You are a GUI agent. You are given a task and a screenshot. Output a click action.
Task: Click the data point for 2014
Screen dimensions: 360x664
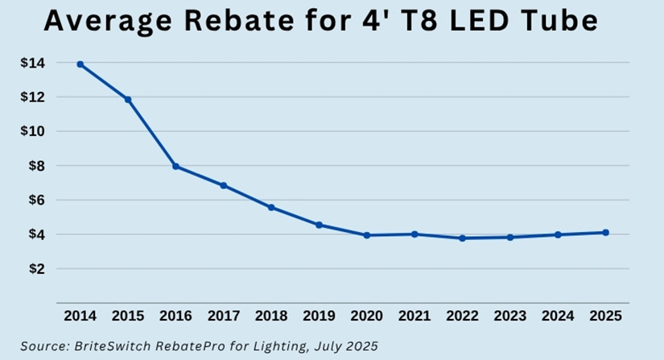[80, 64]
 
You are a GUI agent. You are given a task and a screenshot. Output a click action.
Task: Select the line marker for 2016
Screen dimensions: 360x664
[175, 166]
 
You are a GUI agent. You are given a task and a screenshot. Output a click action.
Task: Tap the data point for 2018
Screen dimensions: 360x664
[271, 207]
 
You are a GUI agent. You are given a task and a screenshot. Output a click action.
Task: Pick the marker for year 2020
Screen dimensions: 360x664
[367, 235]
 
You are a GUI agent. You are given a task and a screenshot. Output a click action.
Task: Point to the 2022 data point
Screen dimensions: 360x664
[462, 238]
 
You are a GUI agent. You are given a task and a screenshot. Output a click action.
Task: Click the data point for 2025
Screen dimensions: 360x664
[605, 233]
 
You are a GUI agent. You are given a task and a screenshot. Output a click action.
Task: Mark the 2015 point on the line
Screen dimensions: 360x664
[128, 99]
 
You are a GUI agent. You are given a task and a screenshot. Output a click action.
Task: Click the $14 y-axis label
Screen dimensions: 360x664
[34, 63]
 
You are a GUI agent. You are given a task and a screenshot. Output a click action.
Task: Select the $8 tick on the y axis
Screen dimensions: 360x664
[37, 166]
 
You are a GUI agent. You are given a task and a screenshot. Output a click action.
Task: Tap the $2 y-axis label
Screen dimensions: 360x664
[37, 269]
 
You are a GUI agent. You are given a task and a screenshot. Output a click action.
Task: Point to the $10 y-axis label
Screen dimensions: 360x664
[34, 131]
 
